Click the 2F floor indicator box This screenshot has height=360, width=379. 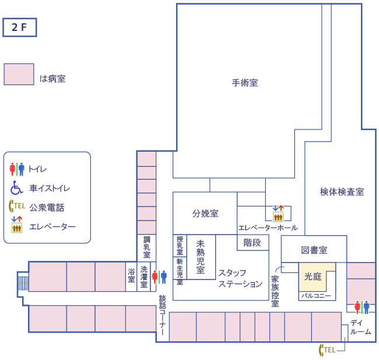pyautogui.click(x=20, y=27)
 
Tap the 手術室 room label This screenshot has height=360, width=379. pyautogui.click(x=245, y=83)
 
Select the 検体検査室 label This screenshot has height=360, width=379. pyautogui.click(x=342, y=191)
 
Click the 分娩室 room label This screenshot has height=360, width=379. pyautogui.click(x=205, y=214)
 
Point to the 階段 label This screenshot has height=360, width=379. pyautogui.click(x=252, y=243)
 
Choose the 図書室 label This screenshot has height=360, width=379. pyautogui.click(x=314, y=250)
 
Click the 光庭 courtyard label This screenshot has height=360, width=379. pyautogui.click(x=314, y=277)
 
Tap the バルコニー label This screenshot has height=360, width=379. pyautogui.click(x=316, y=296)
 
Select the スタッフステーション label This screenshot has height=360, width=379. pyautogui.click(x=240, y=278)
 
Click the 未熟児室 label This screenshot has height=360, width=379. pyautogui.click(x=201, y=257)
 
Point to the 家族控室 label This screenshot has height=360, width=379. pyautogui.click(x=275, y=291)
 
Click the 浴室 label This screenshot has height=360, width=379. pyautogui.click(x=131, y=275)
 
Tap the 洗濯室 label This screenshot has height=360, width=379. pyautogui.click(x=143, y=277)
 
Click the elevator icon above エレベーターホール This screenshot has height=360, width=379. pyautogui.click(x=278, y=212)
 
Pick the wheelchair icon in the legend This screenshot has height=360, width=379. pyautogui.click(x=16, y=188)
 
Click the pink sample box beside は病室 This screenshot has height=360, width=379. pyautogui.click(x=19, y=74)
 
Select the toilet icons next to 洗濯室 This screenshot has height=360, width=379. pyautogui.click(x=159, y=277)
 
